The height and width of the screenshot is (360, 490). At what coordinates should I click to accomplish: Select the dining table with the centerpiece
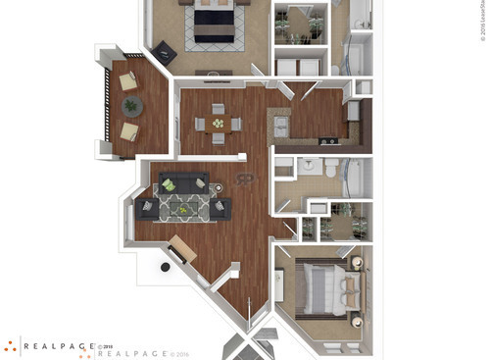click(x=218, y=124)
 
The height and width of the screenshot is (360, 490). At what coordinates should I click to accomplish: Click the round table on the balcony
click(x=130, y=106)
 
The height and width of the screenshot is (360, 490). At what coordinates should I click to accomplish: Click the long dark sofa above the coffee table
click(x=184, y=181)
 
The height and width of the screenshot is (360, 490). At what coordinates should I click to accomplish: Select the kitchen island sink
click(x=280, y=126)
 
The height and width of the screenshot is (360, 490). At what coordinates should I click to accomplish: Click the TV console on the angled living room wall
click(x=183, y=248)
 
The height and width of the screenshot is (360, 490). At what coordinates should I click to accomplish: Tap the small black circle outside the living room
click(x=165, y=266)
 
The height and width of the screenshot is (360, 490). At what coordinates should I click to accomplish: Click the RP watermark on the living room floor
click(x=245, y=179)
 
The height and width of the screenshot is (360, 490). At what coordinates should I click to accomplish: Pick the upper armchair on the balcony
click(x=128, y=82)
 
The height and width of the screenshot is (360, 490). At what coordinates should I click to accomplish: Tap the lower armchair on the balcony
click(x=128, y=130)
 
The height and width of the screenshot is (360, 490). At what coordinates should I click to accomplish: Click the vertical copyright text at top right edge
click(x=482, y=20)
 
